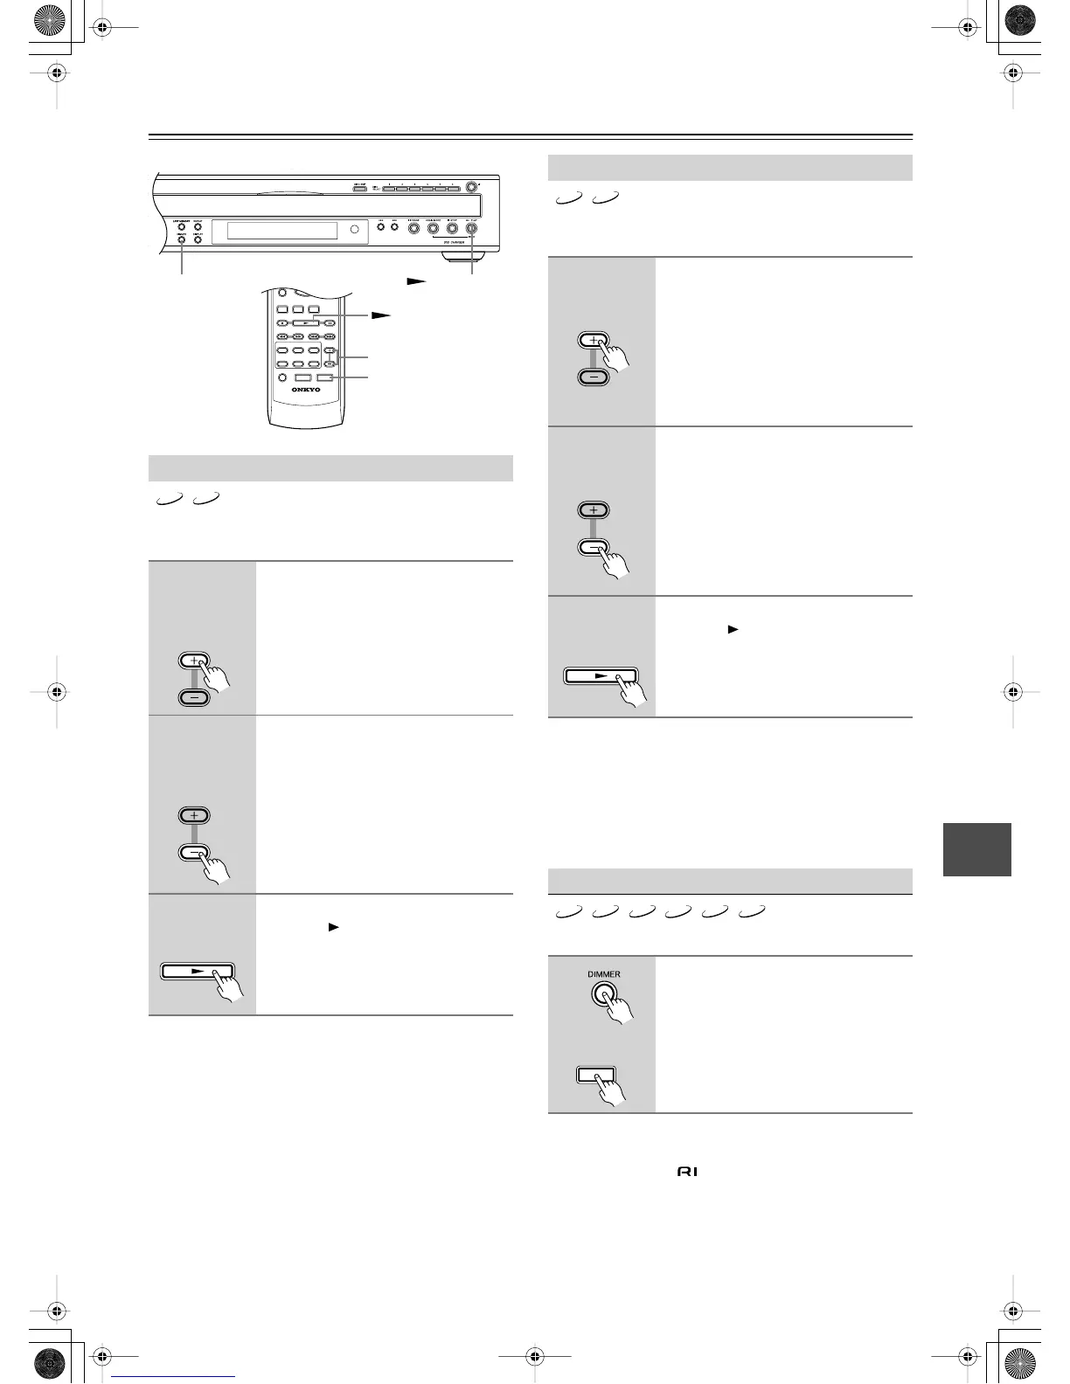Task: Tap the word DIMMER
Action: click(603, 974)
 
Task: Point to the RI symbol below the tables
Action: click(687, 1171)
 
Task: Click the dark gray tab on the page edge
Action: click(976, 848)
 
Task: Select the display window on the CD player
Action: click(281, 231)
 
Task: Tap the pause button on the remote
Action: click(329, 322)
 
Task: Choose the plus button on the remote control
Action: click(330, 351)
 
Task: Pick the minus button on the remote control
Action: click(330, 363)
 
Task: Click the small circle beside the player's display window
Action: click(355, 230)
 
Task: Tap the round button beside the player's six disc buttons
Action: click(472, 186)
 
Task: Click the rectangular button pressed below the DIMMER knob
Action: click(596, 1074)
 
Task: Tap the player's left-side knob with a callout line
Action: click(182, 239)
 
